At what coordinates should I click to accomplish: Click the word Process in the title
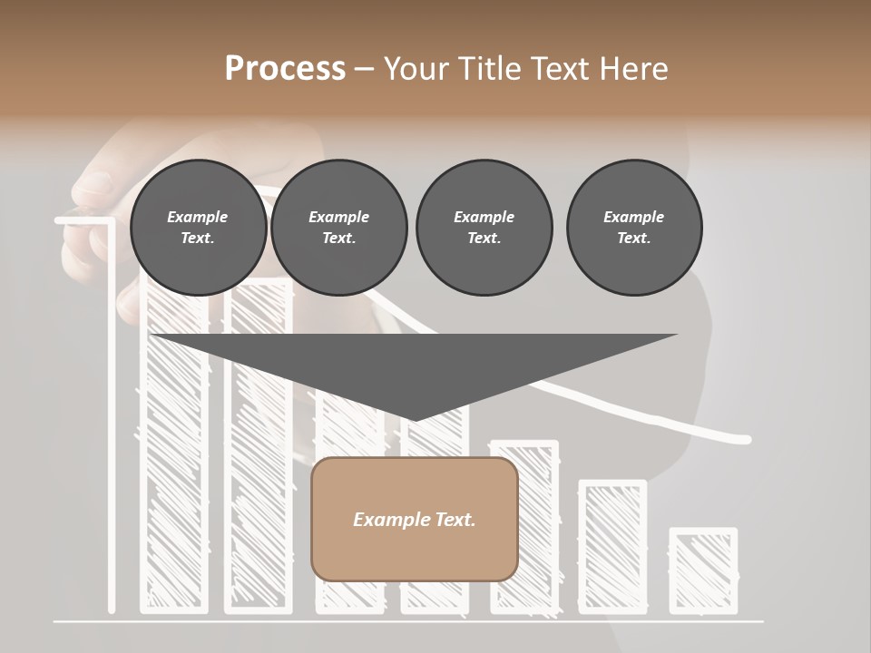pyautogui.click(x=285, y=68)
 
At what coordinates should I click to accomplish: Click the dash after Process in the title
pyautogui.click(x=364, y=70)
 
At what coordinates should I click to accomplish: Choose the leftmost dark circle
pyautogui.click(x=198, y=228)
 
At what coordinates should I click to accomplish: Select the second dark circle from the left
pyautogui.click(x=338, y=228)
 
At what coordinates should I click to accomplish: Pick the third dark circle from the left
pyautogui.click(x=484, y=228)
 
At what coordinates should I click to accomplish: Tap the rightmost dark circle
pyautogui.click(x=633, y=228)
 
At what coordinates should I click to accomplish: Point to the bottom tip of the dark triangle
pyautogui.click(x=414, y=420)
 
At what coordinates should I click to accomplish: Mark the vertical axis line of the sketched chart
pyautogui.click(x=112, y=417)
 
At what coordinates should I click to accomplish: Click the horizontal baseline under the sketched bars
pyautogui.click(x=408, y=622)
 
